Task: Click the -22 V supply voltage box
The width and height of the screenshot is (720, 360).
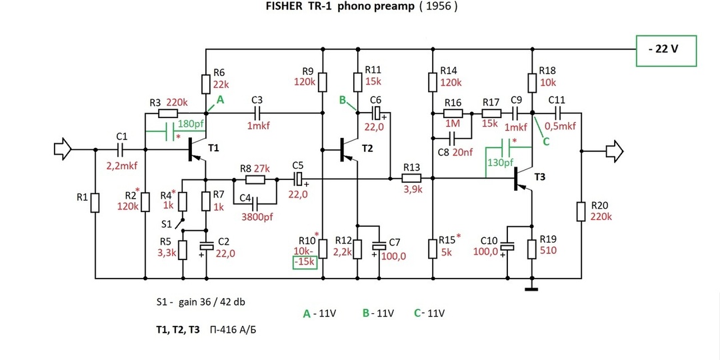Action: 667,50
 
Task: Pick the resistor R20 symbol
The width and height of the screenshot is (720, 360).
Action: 581,211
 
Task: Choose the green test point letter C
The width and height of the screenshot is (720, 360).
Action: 545,141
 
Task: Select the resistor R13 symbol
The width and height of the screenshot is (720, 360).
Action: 411,178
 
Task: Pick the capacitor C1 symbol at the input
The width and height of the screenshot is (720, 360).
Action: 121,149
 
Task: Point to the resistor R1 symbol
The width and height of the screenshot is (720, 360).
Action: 95,202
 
